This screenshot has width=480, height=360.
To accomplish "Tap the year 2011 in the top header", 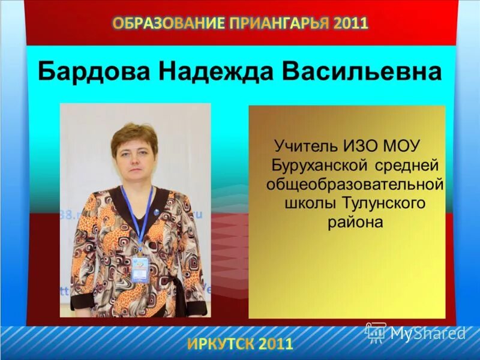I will [352, 23].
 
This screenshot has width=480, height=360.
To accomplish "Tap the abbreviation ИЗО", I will [362, 145].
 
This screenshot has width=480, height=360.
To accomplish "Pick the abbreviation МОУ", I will [404, 145].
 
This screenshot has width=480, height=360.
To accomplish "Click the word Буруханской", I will [320, 164].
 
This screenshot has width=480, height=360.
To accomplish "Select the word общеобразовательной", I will [355, 184].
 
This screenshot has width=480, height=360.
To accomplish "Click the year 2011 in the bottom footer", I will [276, 344].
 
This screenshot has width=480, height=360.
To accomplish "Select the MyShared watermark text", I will [428, 333].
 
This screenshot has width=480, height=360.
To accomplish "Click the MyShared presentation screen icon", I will [376, 332].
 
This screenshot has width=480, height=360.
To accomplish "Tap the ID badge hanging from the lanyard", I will [140, 269].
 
